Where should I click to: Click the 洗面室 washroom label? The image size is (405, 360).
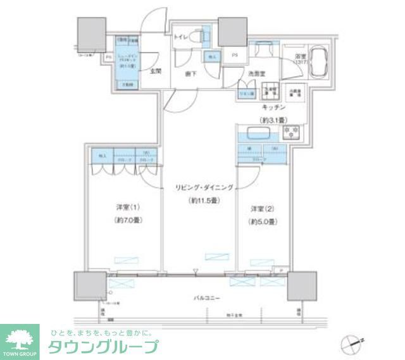point(256,74)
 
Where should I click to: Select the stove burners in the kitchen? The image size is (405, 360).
point(292,132)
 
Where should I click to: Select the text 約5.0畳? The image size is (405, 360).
point(261,221)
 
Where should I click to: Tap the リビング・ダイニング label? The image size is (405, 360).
point(204,187)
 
